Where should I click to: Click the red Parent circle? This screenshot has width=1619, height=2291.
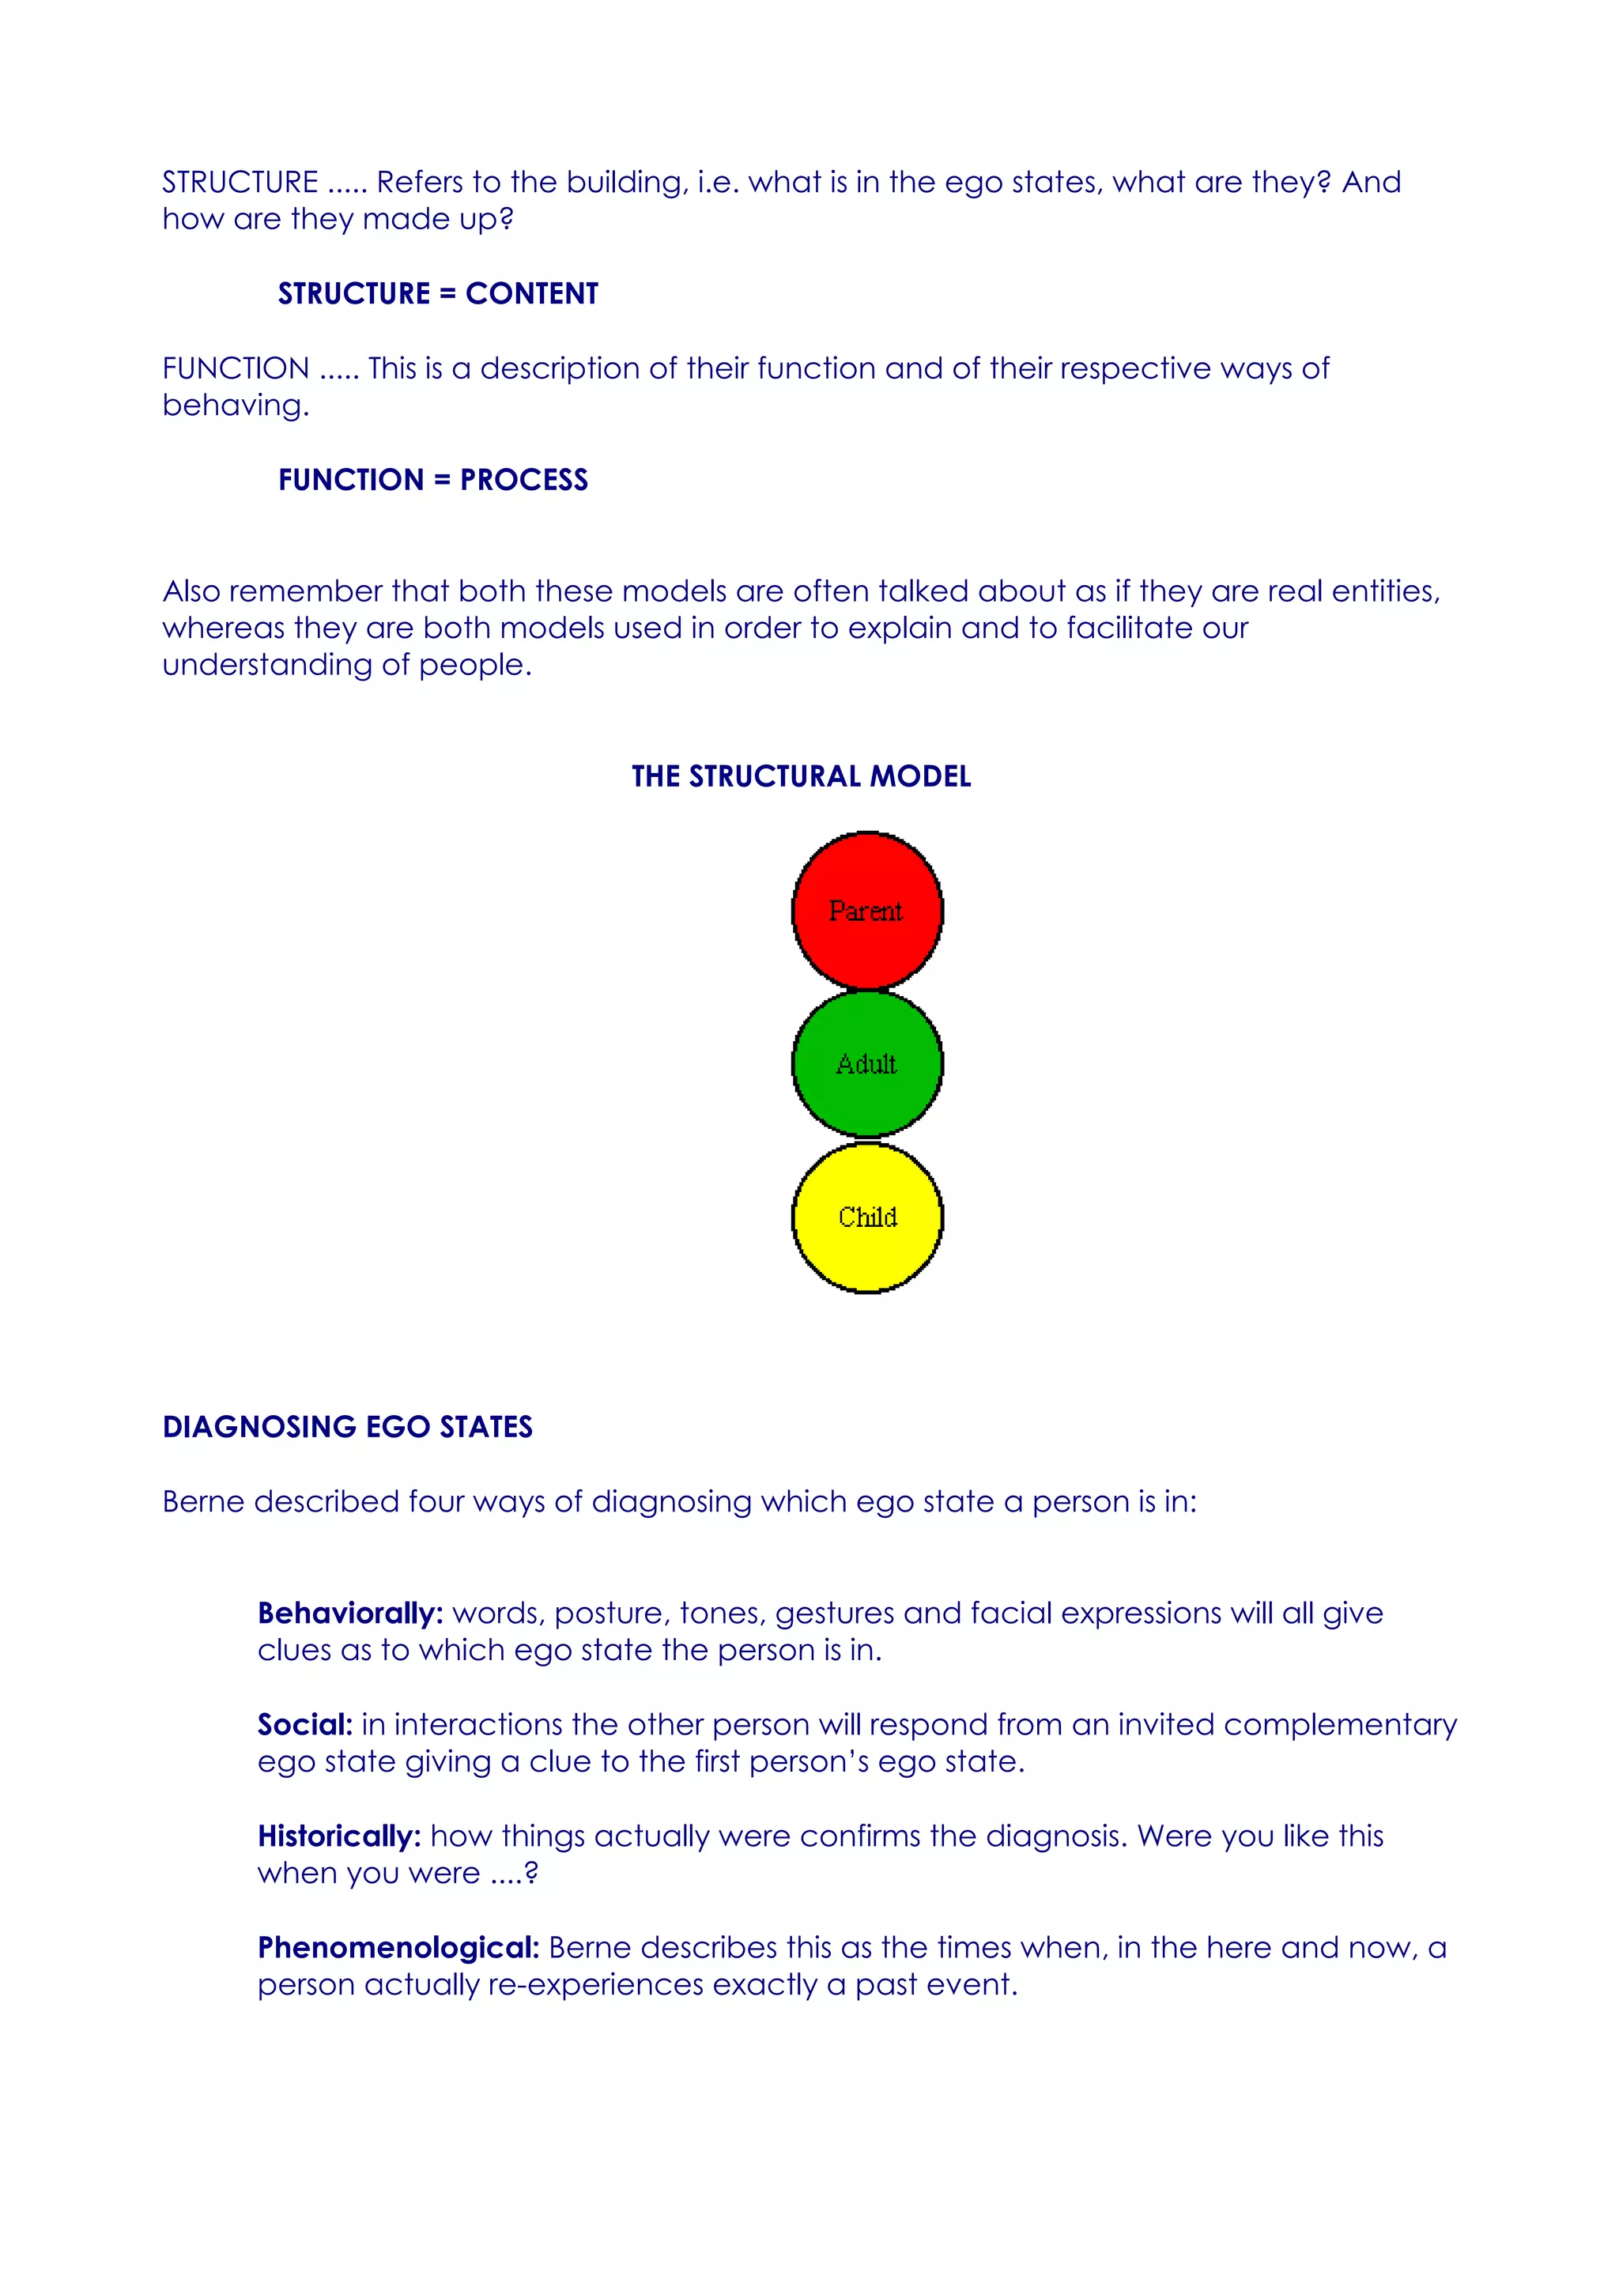click(x=867, y=910)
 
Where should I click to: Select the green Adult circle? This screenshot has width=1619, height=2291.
click(x=867, y=1064)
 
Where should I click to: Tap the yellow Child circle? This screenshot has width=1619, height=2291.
click(x=867, y=1217)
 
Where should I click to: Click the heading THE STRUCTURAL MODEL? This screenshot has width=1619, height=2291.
click(x=801, y=776)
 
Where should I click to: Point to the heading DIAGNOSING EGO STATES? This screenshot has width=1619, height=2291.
click(x=347, y=1427)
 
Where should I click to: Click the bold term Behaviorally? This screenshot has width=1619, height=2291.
click(x=350, y=1614)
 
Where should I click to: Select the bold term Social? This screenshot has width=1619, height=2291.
click(x=305, y=1725)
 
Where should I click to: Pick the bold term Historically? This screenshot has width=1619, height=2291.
click(x=339, y=1837)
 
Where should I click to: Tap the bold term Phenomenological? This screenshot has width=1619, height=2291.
click(x=398, y=1948)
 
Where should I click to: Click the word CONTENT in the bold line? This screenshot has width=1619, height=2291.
click(x=532, y=293)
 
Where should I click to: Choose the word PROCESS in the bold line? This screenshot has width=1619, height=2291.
click(x=523, y=480)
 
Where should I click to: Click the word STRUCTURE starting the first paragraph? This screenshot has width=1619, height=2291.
click(x=240, y=183)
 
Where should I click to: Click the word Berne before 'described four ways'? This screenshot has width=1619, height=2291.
click(x=203, y=1502)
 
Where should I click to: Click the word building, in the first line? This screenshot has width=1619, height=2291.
click(x=628, y=183)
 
